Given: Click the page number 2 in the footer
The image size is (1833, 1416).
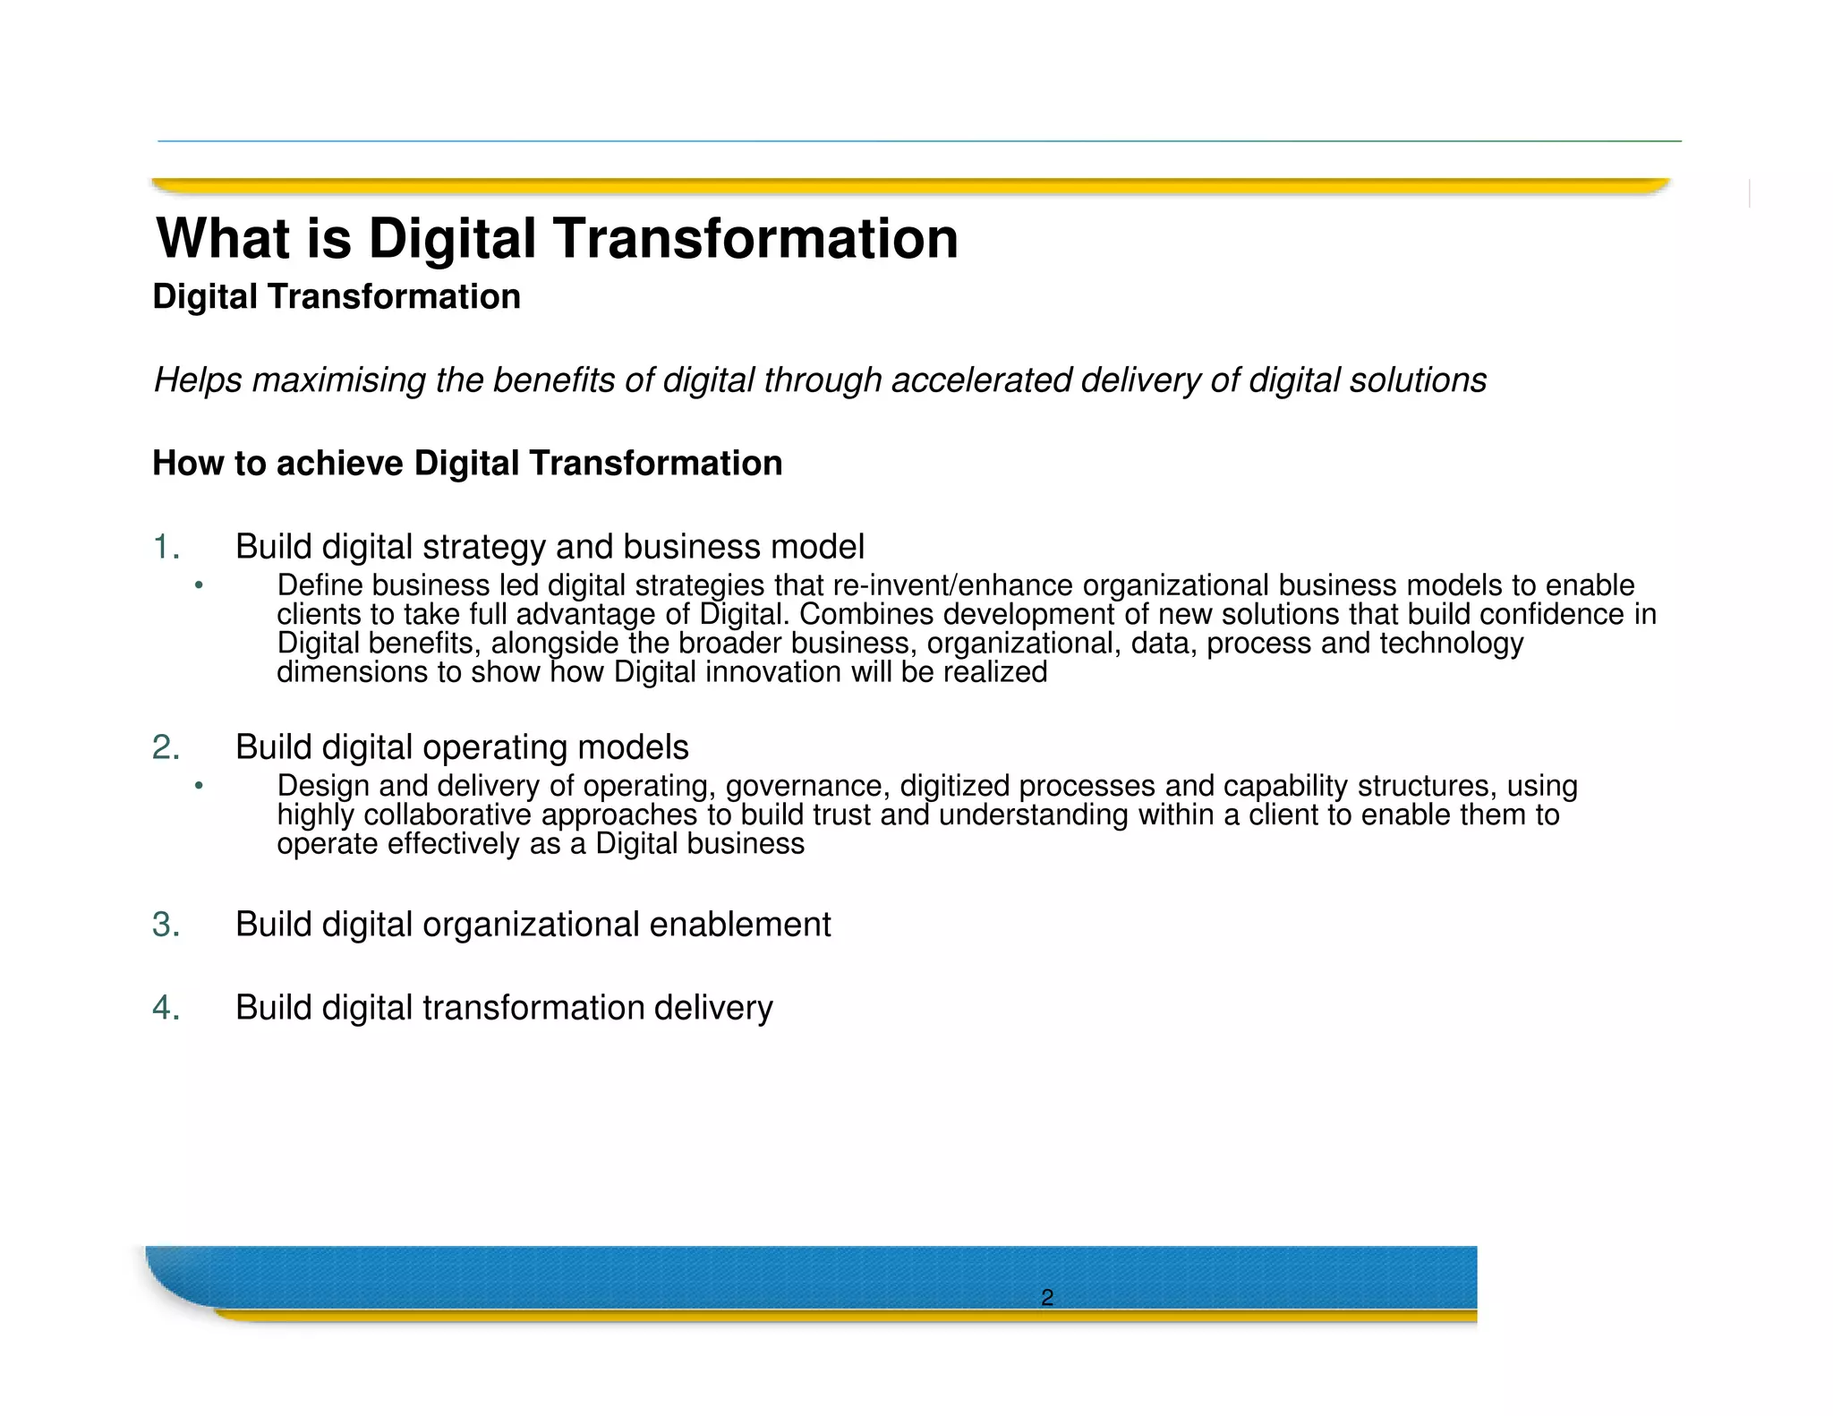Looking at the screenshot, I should [x=1046, y=1297].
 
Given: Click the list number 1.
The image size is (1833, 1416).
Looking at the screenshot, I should [x=166, y=547].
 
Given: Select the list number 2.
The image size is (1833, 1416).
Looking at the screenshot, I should [x=166, y=747].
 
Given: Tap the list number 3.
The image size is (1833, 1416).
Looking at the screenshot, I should [x=166, y=925].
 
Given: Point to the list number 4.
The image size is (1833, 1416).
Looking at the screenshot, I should [x=166, y=1008].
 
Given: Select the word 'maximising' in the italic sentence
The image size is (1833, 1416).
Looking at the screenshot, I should [x=339, y=380].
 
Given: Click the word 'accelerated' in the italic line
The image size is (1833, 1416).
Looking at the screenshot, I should [x=982, y=380].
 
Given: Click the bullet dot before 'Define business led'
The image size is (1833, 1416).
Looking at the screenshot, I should [x=199, y=586].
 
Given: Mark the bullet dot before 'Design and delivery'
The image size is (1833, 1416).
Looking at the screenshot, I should [x=199, y=787].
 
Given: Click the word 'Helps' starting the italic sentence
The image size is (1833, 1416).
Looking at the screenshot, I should [x=198, y=380].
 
